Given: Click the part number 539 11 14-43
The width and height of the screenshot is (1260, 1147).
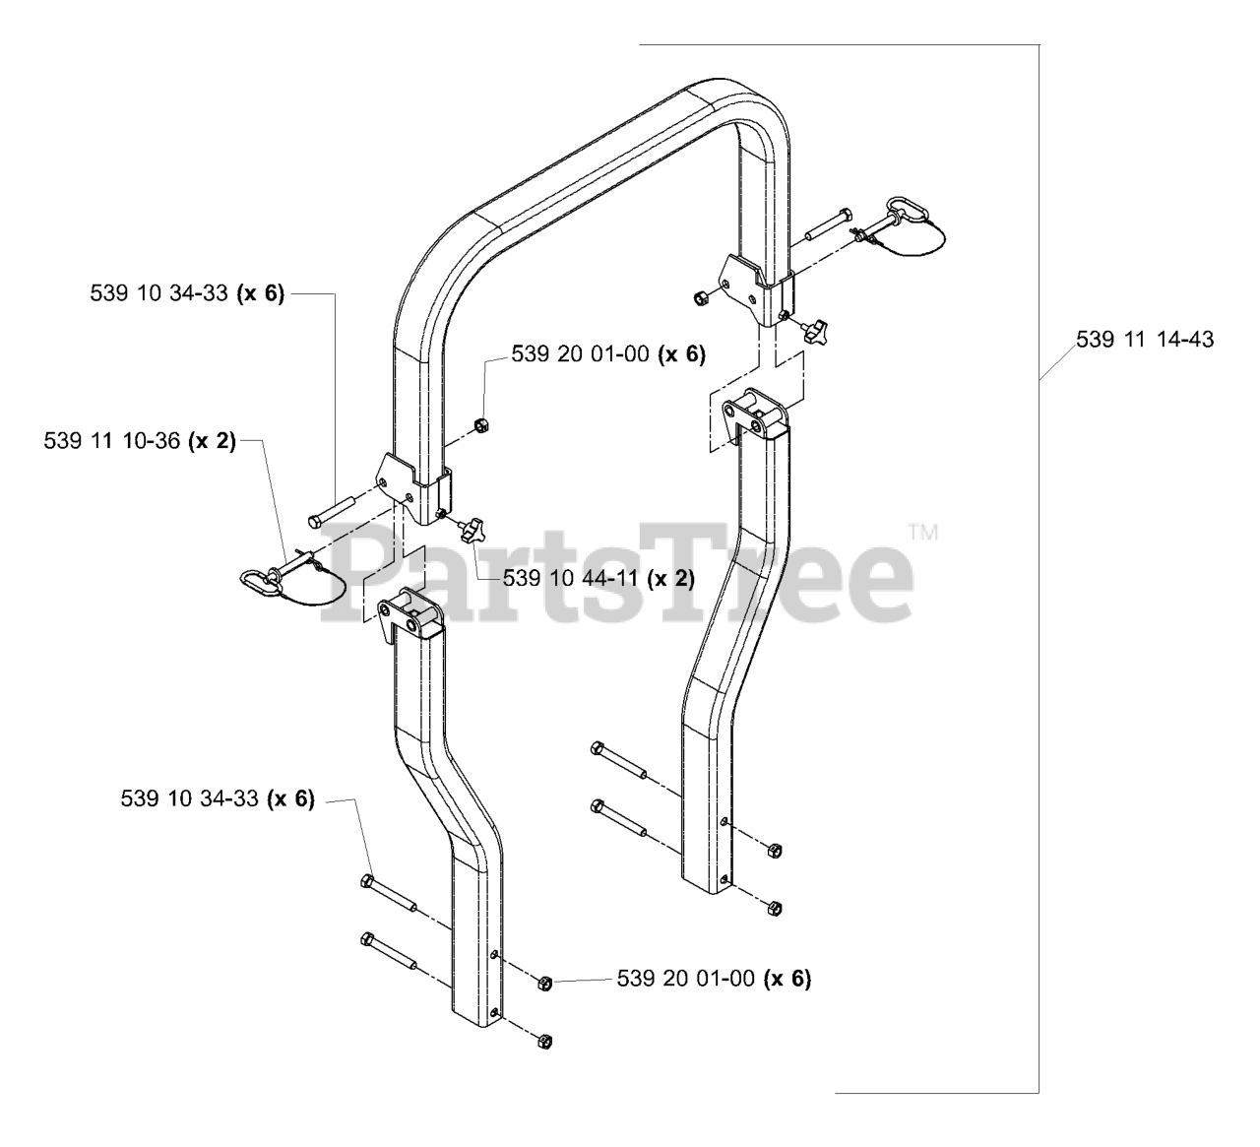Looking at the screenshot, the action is pos(1145,340).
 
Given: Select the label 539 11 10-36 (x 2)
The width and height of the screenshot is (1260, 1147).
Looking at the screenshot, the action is pos(140,441).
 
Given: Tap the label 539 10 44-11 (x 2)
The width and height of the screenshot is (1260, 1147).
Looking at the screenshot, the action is pos(598,579).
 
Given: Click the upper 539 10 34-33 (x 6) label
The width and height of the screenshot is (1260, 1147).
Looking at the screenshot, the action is pos(186,293).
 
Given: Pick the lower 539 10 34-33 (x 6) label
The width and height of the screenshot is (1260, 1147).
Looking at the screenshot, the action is pos(218,798).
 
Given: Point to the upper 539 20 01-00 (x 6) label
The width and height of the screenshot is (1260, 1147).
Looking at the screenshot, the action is pos(608,354).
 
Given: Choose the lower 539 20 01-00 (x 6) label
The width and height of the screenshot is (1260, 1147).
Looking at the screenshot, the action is pos(714,978).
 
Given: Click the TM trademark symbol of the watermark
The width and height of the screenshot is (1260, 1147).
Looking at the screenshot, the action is pos(922,534).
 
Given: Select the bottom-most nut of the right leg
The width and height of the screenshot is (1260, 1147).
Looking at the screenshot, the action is pos(774,907).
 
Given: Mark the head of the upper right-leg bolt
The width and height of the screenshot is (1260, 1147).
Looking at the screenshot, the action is pos(597,748).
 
